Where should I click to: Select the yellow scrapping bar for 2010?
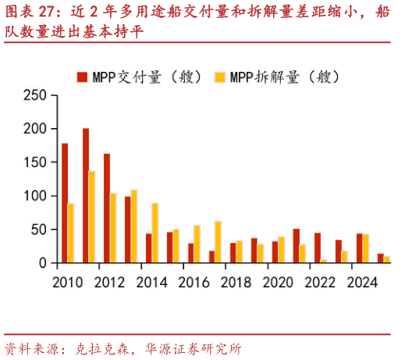pos(71,233)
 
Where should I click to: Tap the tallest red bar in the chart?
pos(86,196)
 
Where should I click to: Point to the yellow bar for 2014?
pos(155,233)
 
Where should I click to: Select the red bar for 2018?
pos(233,253)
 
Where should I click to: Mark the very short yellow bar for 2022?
pos(324,261)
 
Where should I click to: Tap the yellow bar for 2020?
pos(282,250)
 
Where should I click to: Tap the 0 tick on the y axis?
pos(42,263)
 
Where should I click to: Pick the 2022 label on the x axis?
pos(321,282)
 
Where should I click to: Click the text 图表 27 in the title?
pos(28,12)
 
